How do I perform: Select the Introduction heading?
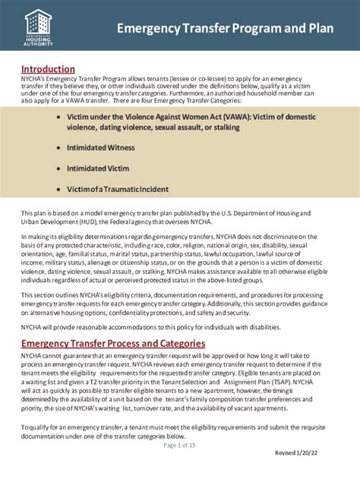pyautogui.click(x=47, y=69)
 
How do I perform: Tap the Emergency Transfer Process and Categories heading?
pyautogui.click(x=112, y=344)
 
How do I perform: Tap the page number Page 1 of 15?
pyautogui.click(x=179, y=445)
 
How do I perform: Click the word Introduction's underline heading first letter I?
pyautogui.click(x=23, y=69)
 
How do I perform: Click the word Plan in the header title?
pyautogui.click(x=322, y=29)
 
